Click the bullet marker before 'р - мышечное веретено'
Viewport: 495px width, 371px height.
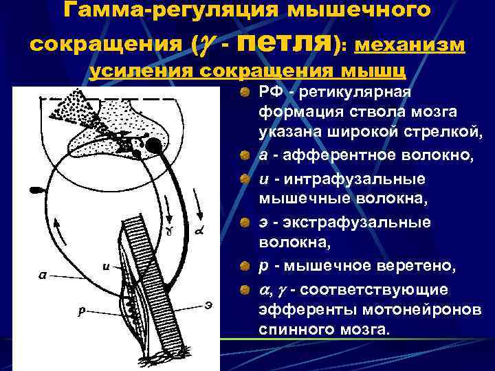245,265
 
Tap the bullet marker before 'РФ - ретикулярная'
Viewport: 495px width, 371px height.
245,93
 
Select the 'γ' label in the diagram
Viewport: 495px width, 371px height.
168,231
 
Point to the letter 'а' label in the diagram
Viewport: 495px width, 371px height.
43,275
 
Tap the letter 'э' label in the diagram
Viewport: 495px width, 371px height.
208,302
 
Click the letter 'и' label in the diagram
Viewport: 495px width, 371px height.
107,268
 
